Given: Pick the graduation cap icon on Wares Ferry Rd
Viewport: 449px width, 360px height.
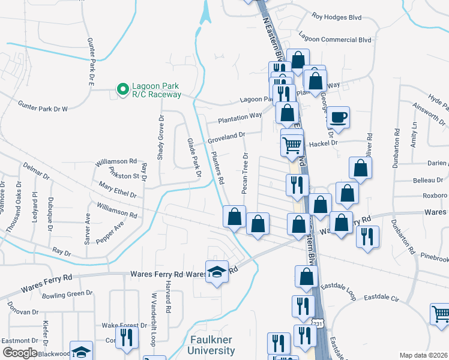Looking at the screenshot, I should coord(217,272).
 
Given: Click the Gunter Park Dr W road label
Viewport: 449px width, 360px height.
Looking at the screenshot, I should coord(43,106).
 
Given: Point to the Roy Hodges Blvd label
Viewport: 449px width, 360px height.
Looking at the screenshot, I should coord(336,17).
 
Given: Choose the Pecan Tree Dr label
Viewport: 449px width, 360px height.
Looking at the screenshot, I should coord(245,173).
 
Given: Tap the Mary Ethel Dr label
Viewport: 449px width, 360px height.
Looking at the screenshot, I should coord(118,190).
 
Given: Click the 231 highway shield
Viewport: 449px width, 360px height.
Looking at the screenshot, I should coord(318,324).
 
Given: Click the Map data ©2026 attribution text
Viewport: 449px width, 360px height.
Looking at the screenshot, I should coord(424,355).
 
